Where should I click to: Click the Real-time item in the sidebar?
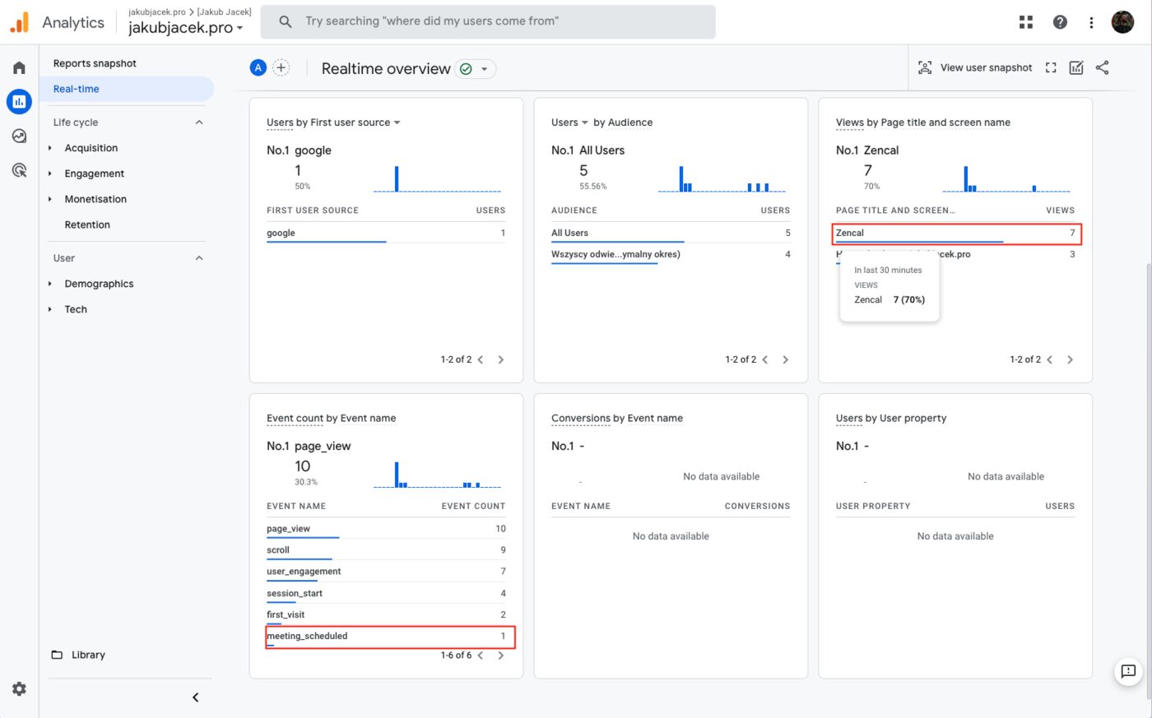coord(77,89)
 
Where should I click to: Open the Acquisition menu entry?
coord(91,148)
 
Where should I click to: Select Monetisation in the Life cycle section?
coord(95,199)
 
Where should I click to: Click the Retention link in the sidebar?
coord(87,225)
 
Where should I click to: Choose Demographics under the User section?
coord(99,284)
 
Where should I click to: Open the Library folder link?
coord(87,655)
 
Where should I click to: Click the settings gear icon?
coord(20,688)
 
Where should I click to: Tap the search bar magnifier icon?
coord(286,21)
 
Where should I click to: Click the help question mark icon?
coord(1060,22)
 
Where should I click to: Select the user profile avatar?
coord(1122,22)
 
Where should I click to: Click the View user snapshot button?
coord(975,67)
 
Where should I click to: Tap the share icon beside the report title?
coord(1103,67)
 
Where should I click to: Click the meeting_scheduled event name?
coord(307,636)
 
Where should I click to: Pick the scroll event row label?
coord(278,550)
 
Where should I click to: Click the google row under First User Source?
coord(281,233)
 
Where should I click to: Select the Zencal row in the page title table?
coord(850,233)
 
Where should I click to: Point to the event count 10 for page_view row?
coord(500,529)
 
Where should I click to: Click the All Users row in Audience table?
coord(569,233)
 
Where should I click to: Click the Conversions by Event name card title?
coord(617,418)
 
